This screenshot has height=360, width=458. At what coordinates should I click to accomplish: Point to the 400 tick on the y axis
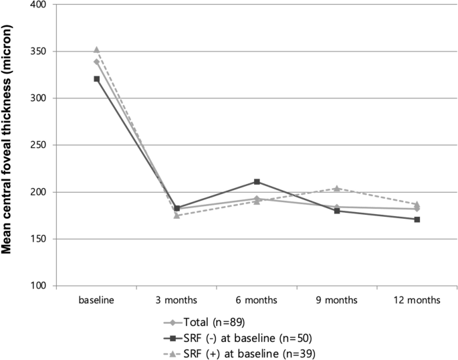tap(40, 5)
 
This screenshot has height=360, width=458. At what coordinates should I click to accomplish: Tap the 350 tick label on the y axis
tap(40, 52)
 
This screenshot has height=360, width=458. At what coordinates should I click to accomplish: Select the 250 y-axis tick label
tap(40, 145)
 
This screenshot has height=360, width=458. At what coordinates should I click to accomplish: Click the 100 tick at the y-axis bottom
tap(40, 286)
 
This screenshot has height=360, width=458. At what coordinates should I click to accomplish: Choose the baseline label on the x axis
tap(96, 300)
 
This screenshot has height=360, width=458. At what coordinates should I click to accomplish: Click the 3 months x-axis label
tap(177, 300)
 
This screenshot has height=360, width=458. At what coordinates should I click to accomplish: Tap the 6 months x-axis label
tap(257, 300)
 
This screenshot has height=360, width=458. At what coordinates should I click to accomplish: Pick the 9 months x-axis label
tap(337, 300)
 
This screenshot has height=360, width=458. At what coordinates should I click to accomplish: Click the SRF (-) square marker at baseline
tap(97, 79)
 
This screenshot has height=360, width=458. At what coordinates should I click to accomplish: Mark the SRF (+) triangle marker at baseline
tap(97, 50)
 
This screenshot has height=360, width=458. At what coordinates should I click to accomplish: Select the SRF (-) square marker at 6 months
tap(257, 181)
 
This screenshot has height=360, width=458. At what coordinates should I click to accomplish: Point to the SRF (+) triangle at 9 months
tap(337, 188)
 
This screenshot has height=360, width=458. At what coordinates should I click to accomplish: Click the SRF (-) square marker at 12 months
tap(417, 219)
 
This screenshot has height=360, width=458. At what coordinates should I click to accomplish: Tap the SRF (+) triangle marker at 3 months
tap(177, 215)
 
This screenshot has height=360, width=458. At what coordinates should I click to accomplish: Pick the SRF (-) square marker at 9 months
tap(337, 211)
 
